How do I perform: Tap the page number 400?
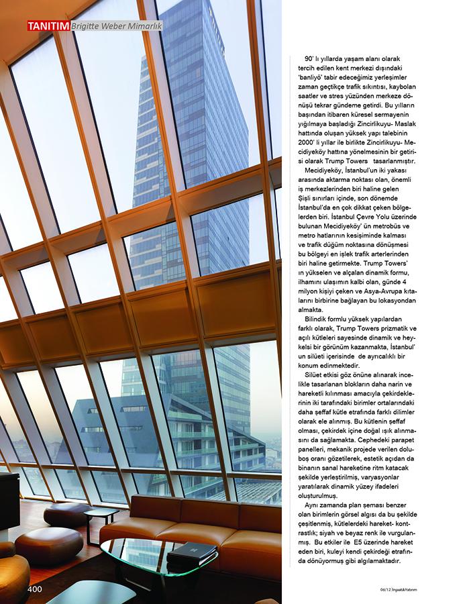[36, 589]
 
